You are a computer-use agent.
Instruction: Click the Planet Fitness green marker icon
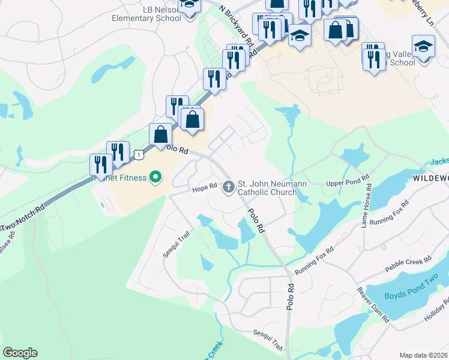(155, 177)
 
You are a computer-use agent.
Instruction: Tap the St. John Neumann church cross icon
(228, 187)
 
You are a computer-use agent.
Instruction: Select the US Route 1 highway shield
(139, 154)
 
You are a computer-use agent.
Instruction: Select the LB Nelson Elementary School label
(146, 14)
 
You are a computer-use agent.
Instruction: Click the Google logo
(20, 353)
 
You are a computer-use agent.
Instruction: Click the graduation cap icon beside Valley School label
(423, 46)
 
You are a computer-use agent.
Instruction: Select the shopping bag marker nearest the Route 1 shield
(160, 134)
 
